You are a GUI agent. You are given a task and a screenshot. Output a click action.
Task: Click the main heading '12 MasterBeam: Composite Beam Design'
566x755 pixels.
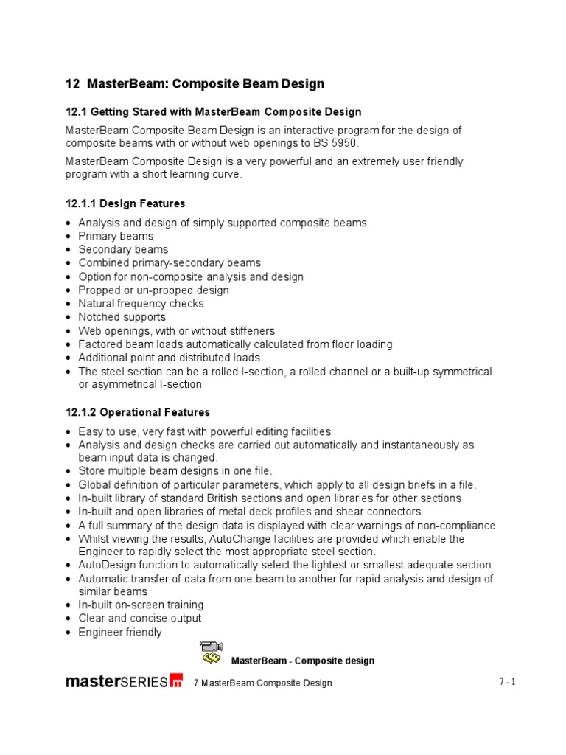pos(195,83)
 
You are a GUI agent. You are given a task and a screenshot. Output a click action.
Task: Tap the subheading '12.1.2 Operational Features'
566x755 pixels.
pos(138,412)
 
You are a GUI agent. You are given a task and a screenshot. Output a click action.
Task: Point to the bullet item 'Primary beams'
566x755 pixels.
pos(116,236)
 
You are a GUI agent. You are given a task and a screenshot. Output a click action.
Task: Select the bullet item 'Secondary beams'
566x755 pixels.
pos(123,249)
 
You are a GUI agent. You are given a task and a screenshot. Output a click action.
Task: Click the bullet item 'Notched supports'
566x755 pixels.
pos(122,317)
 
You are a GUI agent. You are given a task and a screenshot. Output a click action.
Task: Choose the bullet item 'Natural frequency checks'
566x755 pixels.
pos(141,303)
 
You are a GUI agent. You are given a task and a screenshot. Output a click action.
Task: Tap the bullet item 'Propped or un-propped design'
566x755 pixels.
pos(153,290)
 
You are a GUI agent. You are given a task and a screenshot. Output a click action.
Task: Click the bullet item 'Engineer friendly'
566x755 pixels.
pos(120,632)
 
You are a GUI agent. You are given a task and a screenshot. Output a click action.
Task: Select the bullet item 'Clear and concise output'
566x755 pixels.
pos(140,618)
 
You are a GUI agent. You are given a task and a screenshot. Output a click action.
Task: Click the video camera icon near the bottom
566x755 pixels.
pos(211,652)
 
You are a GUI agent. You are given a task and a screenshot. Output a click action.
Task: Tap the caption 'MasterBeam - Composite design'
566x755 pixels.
pos(303,661)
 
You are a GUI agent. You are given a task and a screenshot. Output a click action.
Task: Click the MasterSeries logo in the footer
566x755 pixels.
pos(124,681)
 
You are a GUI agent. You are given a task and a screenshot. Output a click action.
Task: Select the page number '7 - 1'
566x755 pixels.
pos(507,682)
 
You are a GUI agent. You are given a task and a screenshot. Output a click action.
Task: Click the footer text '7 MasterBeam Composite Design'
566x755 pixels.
pos(262,683)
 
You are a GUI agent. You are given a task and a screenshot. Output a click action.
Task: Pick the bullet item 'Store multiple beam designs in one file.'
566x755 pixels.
pos(175,470)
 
